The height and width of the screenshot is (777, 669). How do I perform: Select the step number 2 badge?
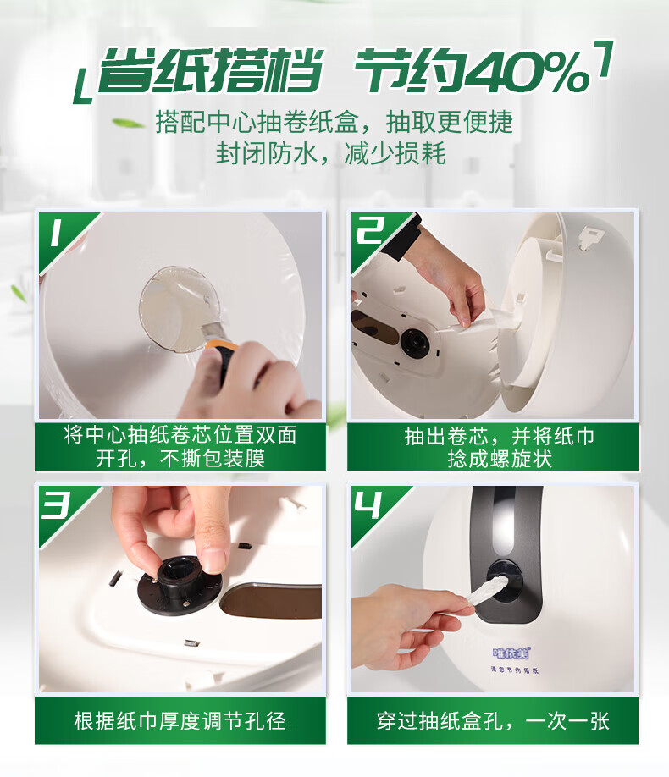click(x=369, y=230)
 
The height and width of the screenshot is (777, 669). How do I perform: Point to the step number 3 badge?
click(x=56, y=504)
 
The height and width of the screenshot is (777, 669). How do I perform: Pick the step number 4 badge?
click(x=368, y=504)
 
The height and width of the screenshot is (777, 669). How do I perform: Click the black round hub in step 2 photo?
click(x=415, y=341)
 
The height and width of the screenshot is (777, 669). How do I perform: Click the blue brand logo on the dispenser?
click(x=511, y=653)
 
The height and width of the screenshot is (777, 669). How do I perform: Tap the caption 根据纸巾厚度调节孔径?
click(x=180, y=721)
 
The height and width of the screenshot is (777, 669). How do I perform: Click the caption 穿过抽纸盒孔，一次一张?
click(x=493, y=721)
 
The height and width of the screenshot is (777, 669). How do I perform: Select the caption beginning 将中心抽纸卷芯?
click(x=180, y=446)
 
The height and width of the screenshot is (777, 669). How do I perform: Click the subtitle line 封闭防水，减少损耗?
click(x=330, y=153)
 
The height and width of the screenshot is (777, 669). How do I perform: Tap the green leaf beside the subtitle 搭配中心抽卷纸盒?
click(x=128, y=123)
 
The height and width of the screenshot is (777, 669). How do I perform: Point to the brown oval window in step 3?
click(x=271, y=601)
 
